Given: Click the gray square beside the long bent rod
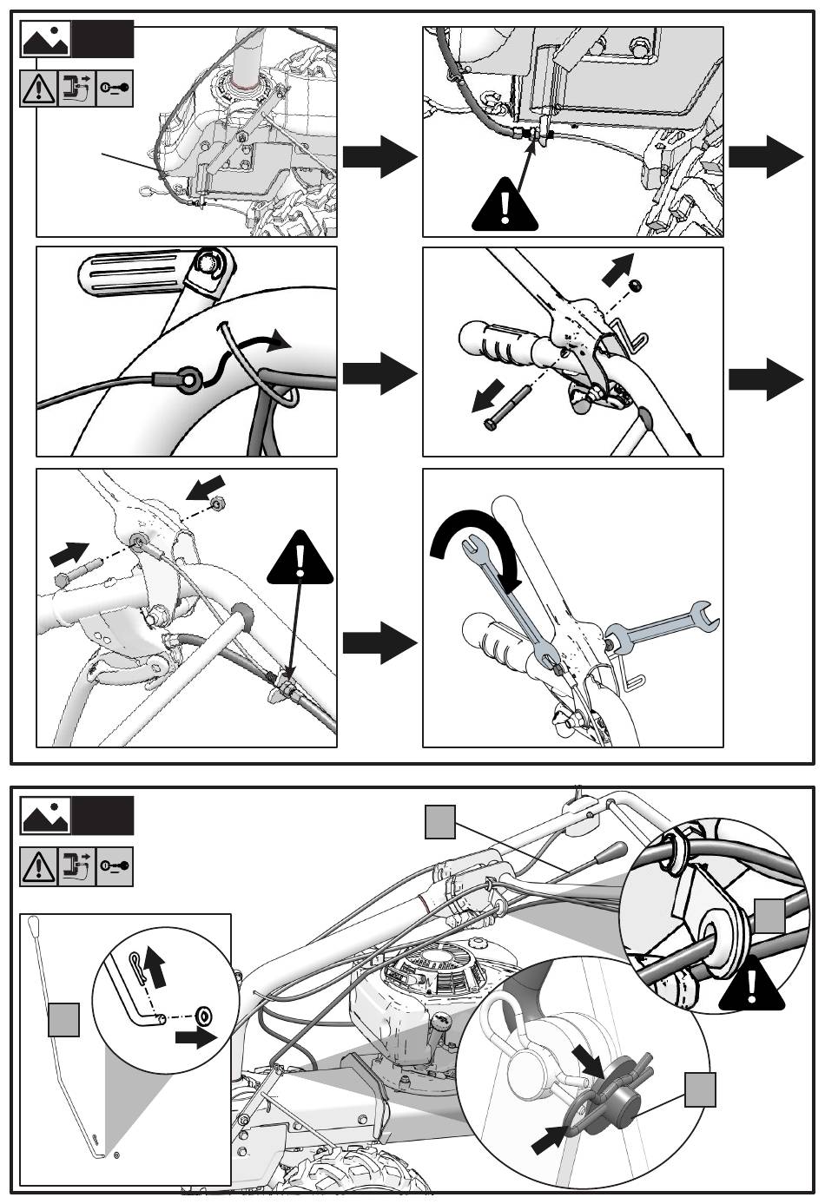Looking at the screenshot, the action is pyautogui.click(x=63, y=1019).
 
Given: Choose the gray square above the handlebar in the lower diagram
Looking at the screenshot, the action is pyautogui.click(x=440, y=822).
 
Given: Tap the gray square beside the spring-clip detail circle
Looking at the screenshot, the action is pyautogui.click(x=700, y=1089).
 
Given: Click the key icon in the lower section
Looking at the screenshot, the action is pyautogui.click(x=115, y=866).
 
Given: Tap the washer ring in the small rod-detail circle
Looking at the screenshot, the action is pyautogui.click(x=205, y=1014).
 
